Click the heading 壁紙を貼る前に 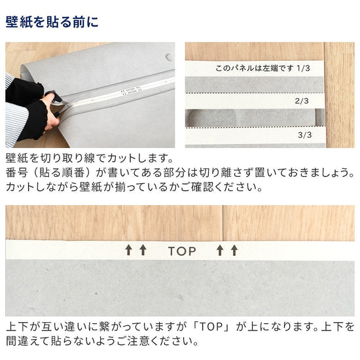[x=52, y=22]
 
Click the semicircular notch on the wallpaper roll [x=169, y=56]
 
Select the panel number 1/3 [x=305, y=67]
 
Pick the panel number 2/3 [x=302, y=101]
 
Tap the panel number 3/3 [x=304, y=135]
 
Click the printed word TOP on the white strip [x=182, y=250]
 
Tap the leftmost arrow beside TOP [x=128, y=250]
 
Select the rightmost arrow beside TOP [x=234, y=250]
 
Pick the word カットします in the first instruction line [x=140, y=159]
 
